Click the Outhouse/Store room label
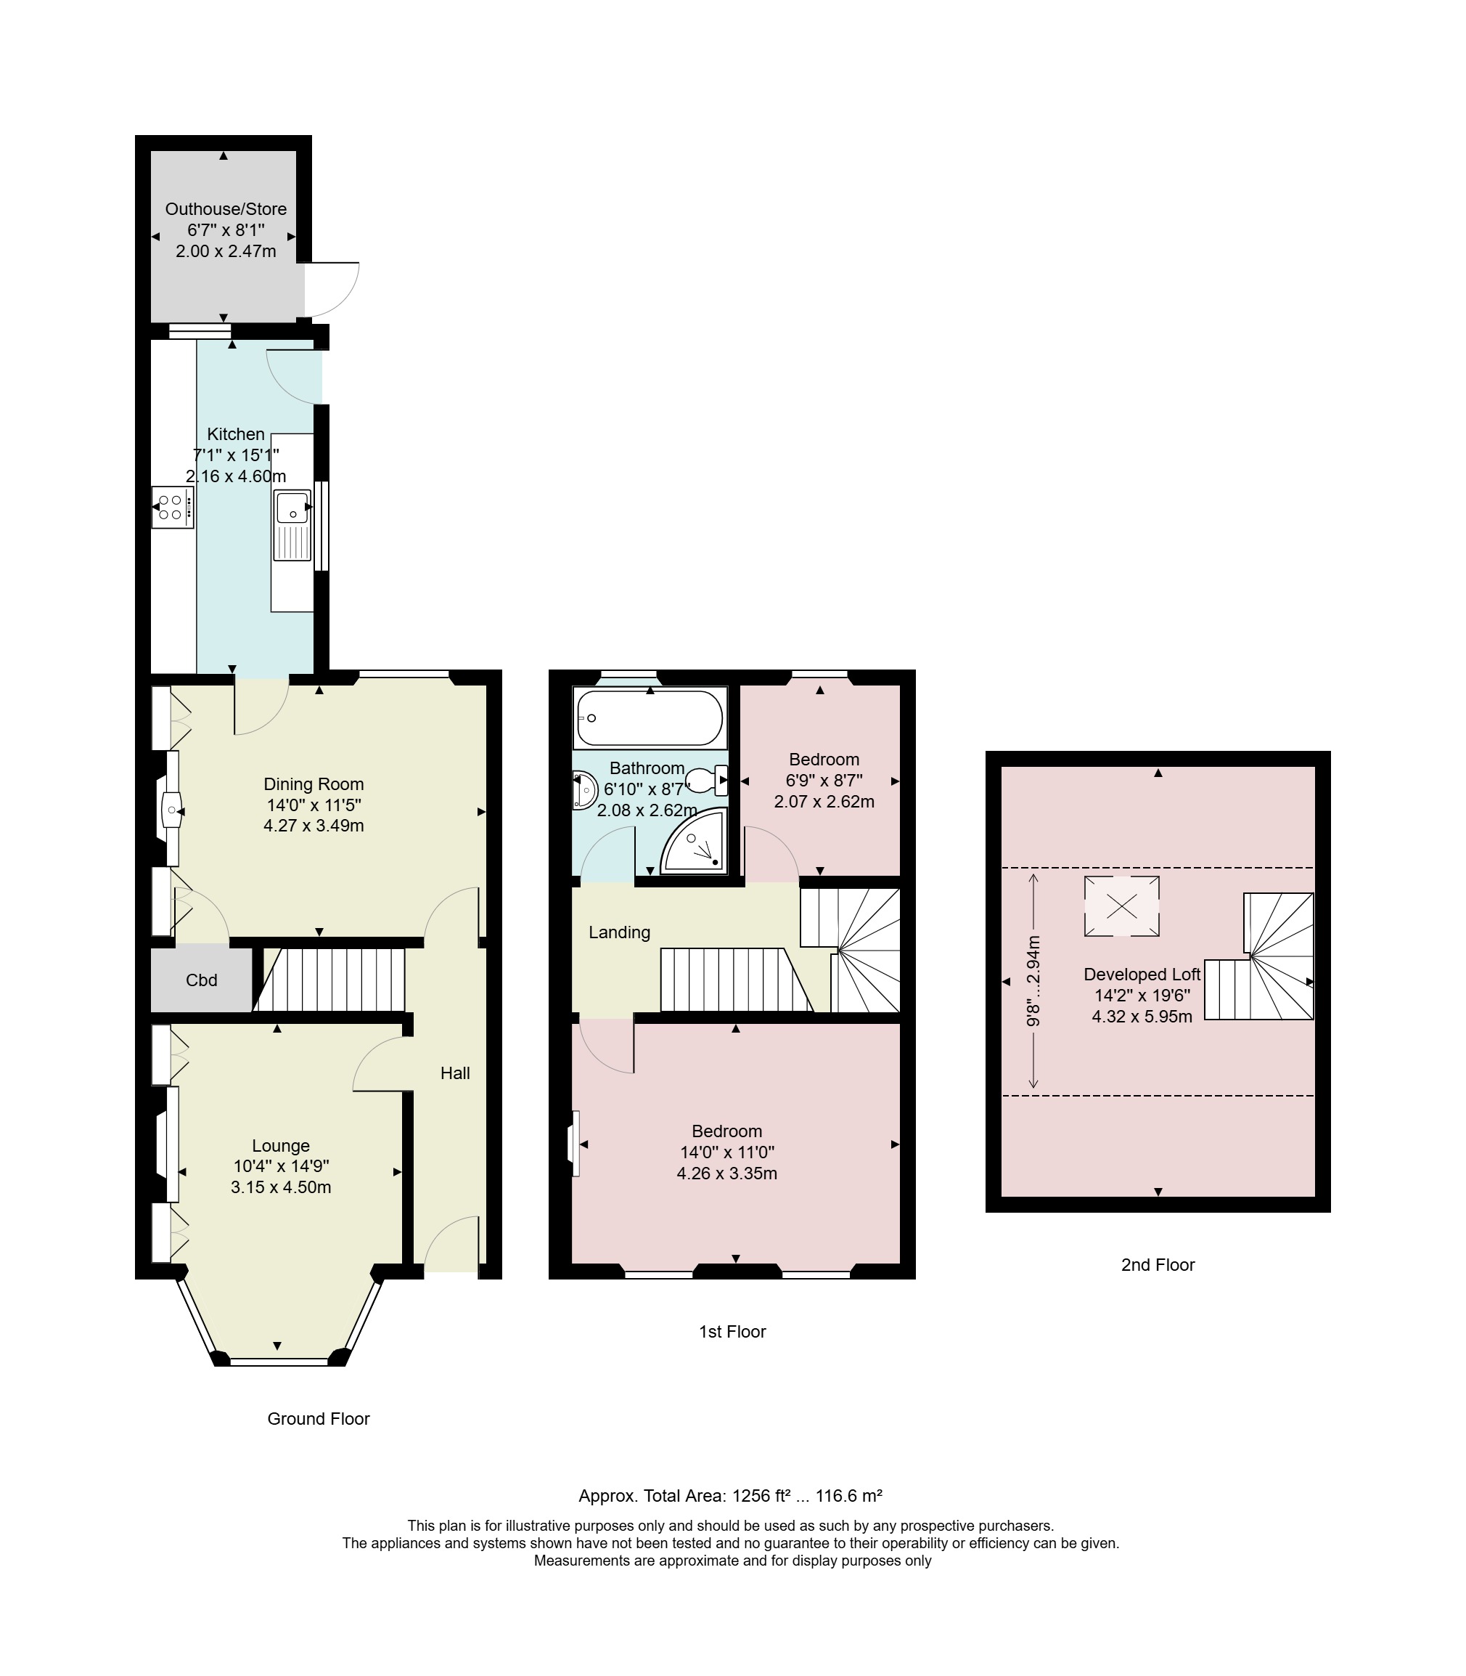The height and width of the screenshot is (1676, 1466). pos(226,208)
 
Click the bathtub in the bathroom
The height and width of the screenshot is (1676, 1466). pos(650,718)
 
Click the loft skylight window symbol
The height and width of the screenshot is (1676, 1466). pos(1121,906)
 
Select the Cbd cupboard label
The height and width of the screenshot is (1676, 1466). pos(201,980)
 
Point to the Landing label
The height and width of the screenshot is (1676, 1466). pos(619,932)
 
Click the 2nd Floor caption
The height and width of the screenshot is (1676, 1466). pos(1158,1265)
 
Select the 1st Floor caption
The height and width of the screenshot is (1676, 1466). pos(732,1333)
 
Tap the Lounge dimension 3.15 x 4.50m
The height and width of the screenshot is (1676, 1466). pos(281,1187)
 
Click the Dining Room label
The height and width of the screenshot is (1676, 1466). pos(314,784)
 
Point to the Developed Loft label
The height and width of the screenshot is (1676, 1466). pos(1142,974)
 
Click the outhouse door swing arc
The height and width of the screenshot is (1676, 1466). pos(349,298)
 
